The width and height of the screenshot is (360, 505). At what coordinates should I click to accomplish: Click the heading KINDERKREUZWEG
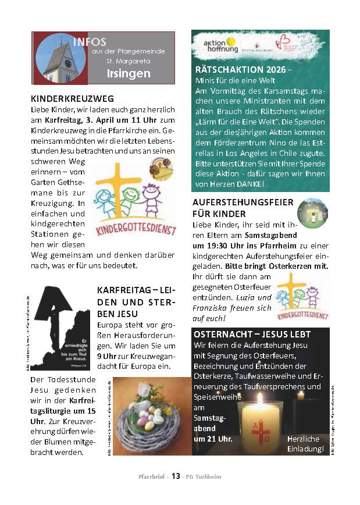tap(72, 98)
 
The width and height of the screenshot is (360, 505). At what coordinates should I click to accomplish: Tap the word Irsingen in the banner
tap(128, 73)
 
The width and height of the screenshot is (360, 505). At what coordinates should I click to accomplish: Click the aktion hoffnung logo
tap(220, 45)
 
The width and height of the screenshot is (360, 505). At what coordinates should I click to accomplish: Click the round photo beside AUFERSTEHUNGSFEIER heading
tap(312, 213)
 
